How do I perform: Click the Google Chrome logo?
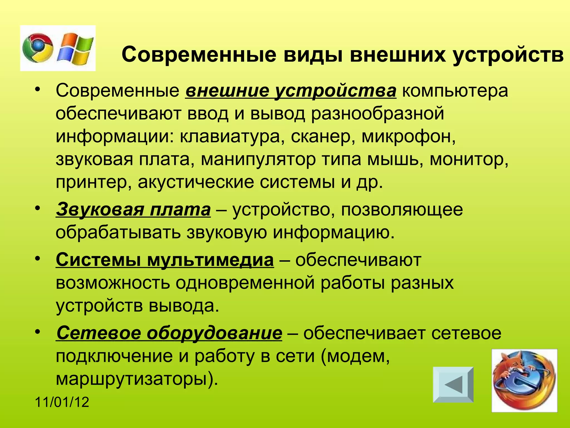click(x=38, y=48)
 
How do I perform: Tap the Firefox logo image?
click(x=524, y=380)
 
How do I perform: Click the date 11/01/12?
click(x=62, y=402)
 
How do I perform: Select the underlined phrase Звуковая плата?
click(x=133, y=210)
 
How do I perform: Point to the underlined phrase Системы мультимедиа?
click(x=165, y=260)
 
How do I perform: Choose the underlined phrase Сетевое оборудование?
click(x=169, y=333)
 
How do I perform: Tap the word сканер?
click(x=321, y=137)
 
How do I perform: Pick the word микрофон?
click(x=408, y=137)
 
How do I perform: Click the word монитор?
click(x=469, y=159)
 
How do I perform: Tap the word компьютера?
click(x=455, y=91)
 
